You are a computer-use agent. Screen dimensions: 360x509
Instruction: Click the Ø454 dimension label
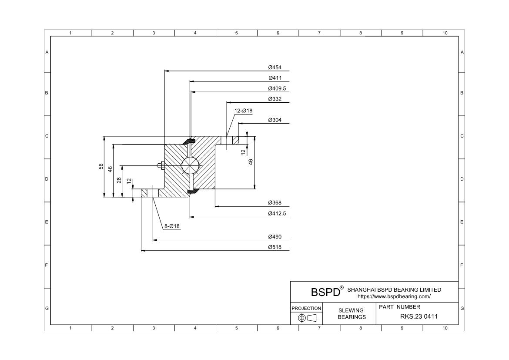pyautogui.click(x=275, y=67)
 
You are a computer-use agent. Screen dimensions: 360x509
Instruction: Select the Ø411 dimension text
pyautogui.click(x=275, y=78)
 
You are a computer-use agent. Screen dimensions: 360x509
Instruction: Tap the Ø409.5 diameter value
pyautogui.click(x=277, y=88)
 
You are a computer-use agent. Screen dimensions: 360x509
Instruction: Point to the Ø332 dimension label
pyautogui.click(x=275, y=99)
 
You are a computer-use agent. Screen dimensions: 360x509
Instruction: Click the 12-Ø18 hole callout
pyautogui.click(x=243, y=111)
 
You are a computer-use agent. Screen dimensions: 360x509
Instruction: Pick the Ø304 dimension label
pyautogui.click(x=275, y=120)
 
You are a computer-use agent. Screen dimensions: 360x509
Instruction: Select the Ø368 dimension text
pyautogui.click(x=275, y=203)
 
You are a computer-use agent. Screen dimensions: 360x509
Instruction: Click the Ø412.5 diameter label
pyautogui.click(x=277, y=213)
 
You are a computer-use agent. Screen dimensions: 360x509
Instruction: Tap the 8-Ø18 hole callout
pyautogui.click(x=172, y=226)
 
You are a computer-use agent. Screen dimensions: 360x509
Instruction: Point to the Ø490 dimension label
pyautogui.click(x=275, y=237)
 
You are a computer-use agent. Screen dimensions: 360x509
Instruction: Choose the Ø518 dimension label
pyautogui.click(x=275, y=247)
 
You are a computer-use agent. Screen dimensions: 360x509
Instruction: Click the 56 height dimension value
pyautogui.click(x=101, y=167)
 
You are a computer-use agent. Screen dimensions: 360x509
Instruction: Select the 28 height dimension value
pyautogui.click(x=119, y=180)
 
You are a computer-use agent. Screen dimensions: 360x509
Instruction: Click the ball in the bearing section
pyautogui.click(x=190, y=165)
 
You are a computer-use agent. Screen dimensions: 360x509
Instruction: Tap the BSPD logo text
pyautogui.click(x=325, y=292)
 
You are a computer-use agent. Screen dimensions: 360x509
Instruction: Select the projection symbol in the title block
pyautogui.click(x=306, y=318)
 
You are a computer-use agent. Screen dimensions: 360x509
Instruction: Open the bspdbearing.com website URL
pyautogui.click(x=394, y=296)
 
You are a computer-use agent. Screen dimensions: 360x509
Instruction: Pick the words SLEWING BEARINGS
pyautogui.click(x=352, y=313)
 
